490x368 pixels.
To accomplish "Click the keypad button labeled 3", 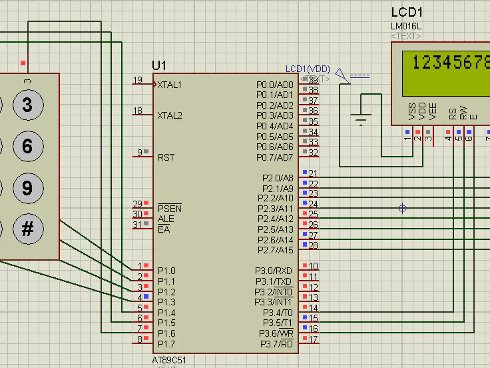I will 27,105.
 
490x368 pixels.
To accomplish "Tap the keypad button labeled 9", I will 27,187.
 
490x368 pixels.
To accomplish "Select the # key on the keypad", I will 27,229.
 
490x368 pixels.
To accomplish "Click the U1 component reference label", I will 159,65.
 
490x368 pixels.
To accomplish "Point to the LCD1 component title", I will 407,13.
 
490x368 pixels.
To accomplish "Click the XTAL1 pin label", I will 170,85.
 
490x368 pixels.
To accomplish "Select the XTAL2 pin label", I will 170,115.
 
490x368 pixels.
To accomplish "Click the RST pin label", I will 166,157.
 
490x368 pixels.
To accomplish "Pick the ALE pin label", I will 165,219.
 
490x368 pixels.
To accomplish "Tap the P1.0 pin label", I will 166,271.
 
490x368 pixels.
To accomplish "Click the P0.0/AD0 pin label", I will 274,85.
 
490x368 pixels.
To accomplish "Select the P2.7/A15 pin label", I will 275,250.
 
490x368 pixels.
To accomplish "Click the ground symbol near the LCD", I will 362,120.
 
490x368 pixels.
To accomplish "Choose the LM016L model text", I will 407,27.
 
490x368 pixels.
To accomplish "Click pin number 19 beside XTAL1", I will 137,80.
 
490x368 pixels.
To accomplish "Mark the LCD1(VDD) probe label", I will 308,69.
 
